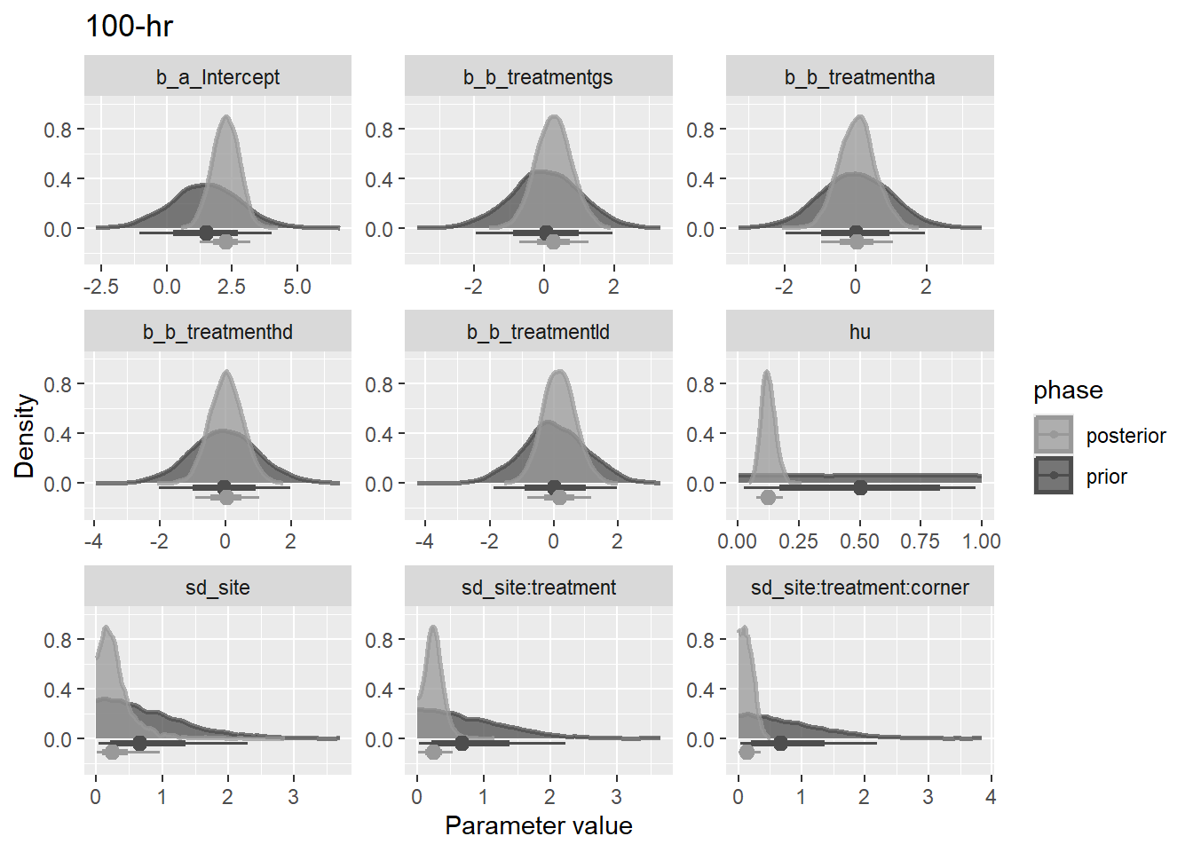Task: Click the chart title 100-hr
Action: (x=129, y=27)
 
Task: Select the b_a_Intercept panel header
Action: (x=217, y=77)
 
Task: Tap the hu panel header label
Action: (x=859, y=332)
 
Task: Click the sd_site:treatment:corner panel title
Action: (x=859, y=588)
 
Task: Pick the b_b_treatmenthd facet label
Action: (x=217, y=332)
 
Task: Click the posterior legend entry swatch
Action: (x=1054, y=435)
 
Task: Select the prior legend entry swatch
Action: (x=1054, y=476)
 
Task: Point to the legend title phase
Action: (x=1068, y=390)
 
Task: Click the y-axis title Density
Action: (x=25, y=436)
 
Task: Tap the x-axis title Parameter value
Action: (x=538, y=825)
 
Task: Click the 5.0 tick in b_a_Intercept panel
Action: (x=296, y=287)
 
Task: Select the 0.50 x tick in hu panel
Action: (x=859, y=541)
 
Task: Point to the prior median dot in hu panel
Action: (x=860, y=487)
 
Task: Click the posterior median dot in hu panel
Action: (x=768, y=497)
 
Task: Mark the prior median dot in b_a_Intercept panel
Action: (x=206, y=233)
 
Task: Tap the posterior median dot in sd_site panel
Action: (x=111, y=752)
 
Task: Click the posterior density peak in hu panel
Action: (x=767, y=372)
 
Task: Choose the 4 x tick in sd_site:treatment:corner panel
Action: (x=991, y=797)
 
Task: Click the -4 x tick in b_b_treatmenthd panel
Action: (x=94, y=541)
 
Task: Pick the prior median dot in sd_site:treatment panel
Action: (x=462, y=743)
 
